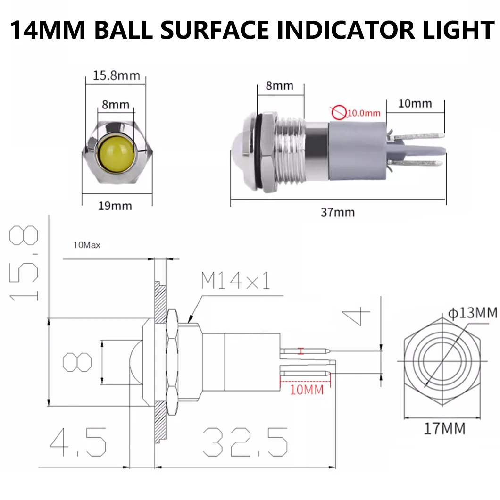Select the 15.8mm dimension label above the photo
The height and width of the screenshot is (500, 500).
(x=116, y=75)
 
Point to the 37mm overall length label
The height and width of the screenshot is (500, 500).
(x=338, y=212)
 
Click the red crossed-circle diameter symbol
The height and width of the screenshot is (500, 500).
(x=338, y=112)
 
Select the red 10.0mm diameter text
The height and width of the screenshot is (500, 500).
(x=364, y=113)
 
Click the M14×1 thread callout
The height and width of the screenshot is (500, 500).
(x=235, y=282)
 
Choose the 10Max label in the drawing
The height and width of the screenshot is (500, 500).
(x=87, y=245)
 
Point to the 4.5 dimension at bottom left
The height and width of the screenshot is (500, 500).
(x=78, y=442)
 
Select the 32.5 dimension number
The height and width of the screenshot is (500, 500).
(x=245, y=442)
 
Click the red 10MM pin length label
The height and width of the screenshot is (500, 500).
(x=307, y=389)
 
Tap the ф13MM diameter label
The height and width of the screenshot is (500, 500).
(x=472, y=312)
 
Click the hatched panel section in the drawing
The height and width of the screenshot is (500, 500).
(x=160, y=358)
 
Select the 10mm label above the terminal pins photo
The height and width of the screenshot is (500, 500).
(x=415, y=103)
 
